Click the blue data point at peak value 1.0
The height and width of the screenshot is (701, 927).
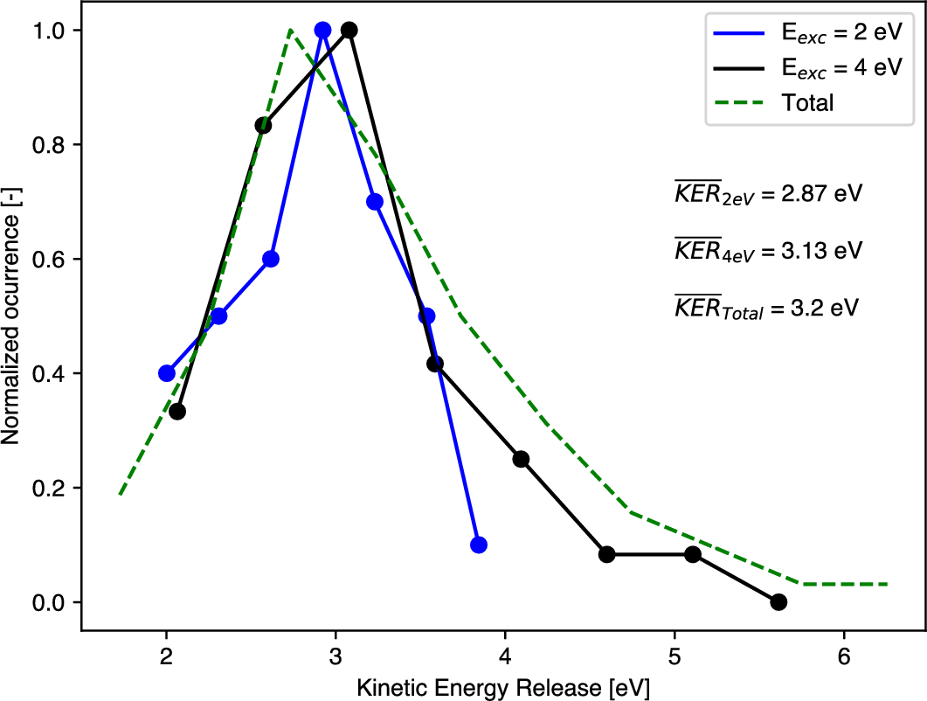click(322, 30)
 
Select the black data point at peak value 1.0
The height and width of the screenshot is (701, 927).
click(349, 30)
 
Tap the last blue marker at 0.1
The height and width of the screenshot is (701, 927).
click(478, 545)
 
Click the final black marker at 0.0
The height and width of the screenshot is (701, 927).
click(778, 601)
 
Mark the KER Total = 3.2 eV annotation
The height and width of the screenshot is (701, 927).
click(766, 308)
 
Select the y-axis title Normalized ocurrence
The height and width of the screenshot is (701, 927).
click(12, 316)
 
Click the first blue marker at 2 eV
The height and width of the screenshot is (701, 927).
click(167, 373)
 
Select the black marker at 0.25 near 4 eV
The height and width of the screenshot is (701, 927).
click(522, 459)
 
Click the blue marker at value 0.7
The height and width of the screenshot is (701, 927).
click(375, 201)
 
